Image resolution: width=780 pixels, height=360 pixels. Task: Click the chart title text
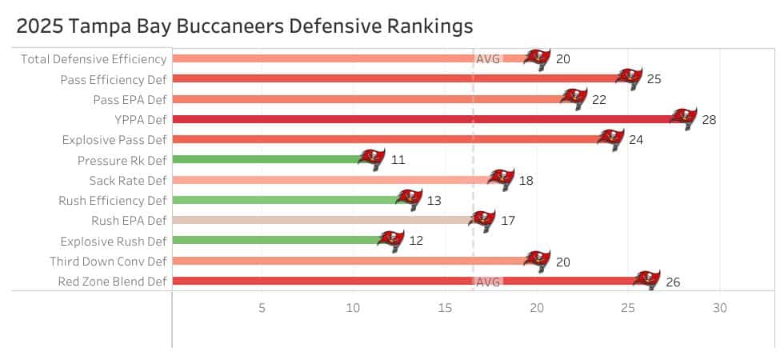tap(244, 26)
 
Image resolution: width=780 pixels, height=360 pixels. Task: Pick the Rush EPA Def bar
tap(320, 220)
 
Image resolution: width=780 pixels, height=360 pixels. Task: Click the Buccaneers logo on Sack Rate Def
tap(501, 179)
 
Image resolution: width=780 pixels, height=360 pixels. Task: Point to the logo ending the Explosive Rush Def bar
tap(391, 240)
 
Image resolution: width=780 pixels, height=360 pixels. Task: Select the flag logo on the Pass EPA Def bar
tap(574, 98)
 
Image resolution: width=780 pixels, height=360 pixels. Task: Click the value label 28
tap(708, 120)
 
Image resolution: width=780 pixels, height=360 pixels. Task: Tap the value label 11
tap(398, 160)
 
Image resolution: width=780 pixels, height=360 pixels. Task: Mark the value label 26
tap(672, 282)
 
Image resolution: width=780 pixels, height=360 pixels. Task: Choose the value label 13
tap(434, 200)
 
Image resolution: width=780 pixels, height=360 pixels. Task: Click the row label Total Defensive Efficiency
tap(94, 58)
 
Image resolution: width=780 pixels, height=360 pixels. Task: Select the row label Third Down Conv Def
tap(108, 261)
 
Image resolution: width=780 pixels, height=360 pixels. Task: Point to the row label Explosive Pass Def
tap(114, 139)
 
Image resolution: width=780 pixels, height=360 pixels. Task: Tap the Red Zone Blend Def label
tap(112, 281)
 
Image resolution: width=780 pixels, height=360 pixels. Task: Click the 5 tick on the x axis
tap(262, 308)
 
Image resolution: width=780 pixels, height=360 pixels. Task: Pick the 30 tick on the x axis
tap(719, 308)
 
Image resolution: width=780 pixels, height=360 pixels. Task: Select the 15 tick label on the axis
tap(445, 308)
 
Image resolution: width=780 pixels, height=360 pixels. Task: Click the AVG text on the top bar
tap(488, 58)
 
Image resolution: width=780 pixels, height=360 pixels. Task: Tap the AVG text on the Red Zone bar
tap(488, 282)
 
